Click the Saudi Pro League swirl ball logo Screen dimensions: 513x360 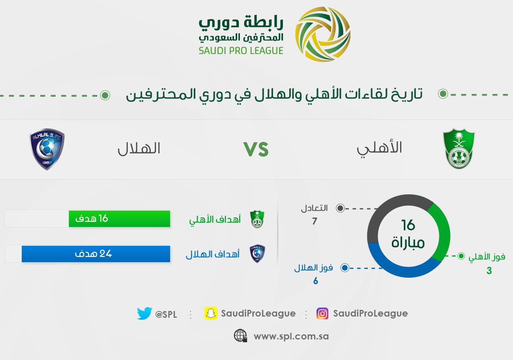(x=322, y=34)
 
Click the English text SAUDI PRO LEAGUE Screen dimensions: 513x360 (x=241, y=51)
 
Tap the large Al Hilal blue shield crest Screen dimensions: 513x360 (x=47, y=149)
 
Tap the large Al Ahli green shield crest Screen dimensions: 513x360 (x=459, y=148)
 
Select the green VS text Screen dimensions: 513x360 (x=256, y=149)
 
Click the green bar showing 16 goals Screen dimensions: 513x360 (x=119, y=219)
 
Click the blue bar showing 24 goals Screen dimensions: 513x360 (x=96, y=254)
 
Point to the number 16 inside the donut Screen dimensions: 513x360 (x=408, y=225)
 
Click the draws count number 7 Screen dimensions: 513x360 (x=315, y=221)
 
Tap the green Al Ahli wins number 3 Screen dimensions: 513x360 (x=489, y=271)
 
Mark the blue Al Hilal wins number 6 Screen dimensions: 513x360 (x=316, y=281)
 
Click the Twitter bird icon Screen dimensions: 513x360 (x=144, y=313)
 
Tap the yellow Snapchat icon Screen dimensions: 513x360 (x=211, y=313)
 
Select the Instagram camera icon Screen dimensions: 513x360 (x=322, y=313)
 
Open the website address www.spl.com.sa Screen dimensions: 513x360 (x=291, y=337)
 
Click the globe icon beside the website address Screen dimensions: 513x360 (x=240, y=336)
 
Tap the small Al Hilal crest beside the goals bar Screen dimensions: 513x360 (x=257, y=254)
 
